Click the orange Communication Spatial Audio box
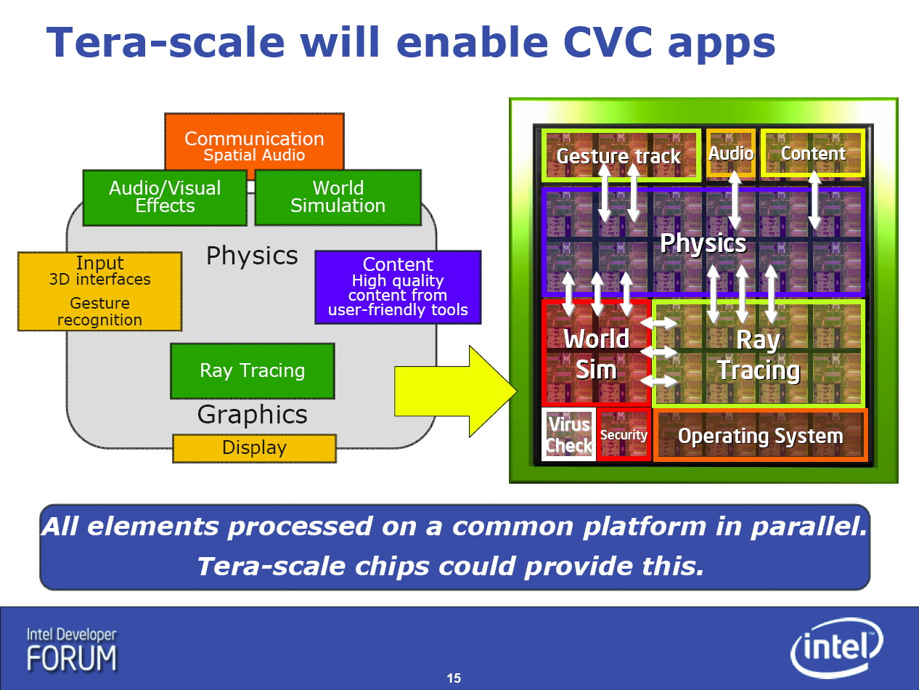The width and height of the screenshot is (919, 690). [254, 142]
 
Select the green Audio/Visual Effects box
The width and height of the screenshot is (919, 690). [165, 198]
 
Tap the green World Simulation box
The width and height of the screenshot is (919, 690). [338, 198]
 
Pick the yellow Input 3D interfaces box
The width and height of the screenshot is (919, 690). [99, 291]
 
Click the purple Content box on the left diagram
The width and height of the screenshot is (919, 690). [398, 288]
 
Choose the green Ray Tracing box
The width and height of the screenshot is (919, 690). [253, 370]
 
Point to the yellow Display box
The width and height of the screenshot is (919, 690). [255, 448]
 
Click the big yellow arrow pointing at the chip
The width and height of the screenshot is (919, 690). [456, 391]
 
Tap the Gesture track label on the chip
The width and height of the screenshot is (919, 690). [618, 156]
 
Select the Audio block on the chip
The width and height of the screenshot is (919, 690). [730, 154]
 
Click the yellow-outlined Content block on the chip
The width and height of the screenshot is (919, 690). [813, 153]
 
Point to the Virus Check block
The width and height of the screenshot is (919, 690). [568, 434]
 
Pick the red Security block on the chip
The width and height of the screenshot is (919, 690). [624, 435]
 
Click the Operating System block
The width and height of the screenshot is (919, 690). [760, 436]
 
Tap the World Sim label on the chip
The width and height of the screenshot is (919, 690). [596, 354]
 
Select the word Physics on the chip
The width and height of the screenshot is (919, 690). [703, 243]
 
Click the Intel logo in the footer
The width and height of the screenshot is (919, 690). [836, 648]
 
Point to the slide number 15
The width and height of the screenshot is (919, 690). [454, 678]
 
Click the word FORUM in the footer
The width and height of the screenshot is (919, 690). [72, 658]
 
